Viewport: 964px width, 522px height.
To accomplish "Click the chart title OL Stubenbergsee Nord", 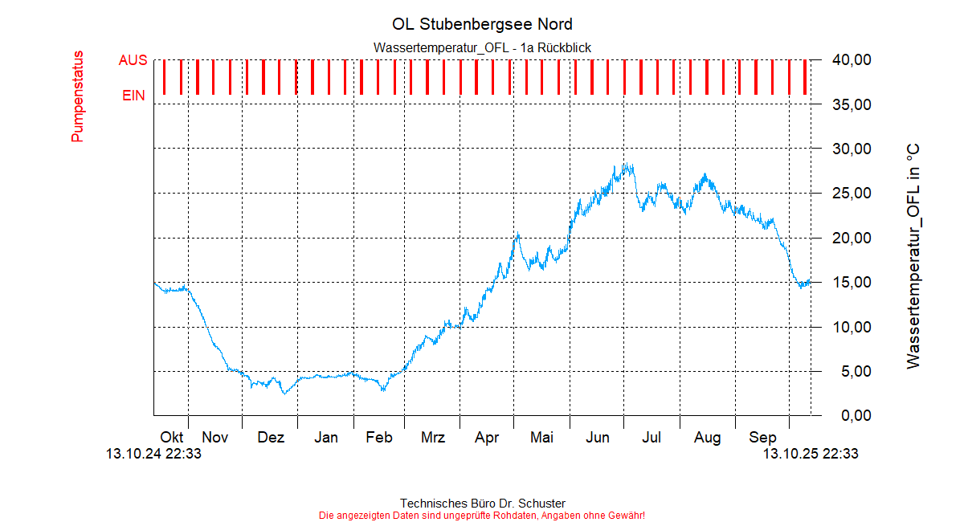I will click(x=482, y=24).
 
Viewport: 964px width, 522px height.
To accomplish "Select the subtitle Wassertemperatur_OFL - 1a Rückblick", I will click(x=482, y=48).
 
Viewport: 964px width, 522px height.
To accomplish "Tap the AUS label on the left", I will click(x=133, y=60).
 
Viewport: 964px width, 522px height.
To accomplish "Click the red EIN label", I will click(x=133, y=96).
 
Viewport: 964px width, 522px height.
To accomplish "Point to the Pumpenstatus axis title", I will click(x=78, y=97).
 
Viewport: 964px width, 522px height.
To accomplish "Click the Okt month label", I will click(x=172, y=438).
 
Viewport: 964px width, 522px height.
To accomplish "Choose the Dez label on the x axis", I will click(x=271, y=438).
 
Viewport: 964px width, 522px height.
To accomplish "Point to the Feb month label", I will click(x=379, y=438).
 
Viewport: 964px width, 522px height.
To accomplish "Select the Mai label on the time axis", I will click(x=542, y=438).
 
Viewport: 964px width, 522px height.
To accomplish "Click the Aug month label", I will click(x=708, y=438).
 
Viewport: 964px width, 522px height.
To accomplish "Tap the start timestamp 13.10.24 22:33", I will click(x=153, y=454).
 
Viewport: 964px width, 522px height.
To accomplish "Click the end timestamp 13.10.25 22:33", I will click(x=811, y=454).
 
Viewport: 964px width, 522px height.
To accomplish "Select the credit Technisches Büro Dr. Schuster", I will click(x=482, y=504).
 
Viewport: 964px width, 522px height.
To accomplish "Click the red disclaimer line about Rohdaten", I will click(x=482, y=515).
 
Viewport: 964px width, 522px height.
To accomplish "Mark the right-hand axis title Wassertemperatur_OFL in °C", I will click(x=913, y=257).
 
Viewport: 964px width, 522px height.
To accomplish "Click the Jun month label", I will click(x=597, y=438).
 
